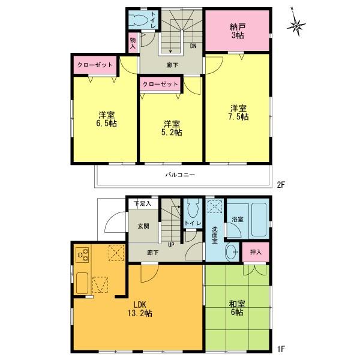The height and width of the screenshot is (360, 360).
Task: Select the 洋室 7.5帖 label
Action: point(238,113)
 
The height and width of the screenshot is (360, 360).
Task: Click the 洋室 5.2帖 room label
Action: point(171,127)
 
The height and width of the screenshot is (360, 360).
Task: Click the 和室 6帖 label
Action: point(235,308)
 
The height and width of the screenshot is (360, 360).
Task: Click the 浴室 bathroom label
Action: point(236,220)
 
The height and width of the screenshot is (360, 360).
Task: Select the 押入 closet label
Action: point(256,253)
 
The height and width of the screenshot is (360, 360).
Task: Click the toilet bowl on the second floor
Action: point(143,20)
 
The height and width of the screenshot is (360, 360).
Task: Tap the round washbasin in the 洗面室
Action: point(230,252)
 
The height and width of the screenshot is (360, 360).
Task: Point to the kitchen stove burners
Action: point(82,256)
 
